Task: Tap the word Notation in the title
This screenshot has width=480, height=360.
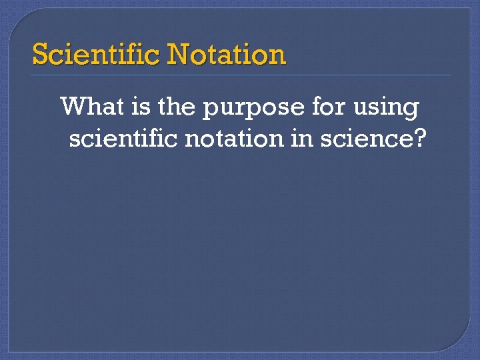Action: (x=227, y=54)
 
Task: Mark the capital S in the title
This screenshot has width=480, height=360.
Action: (x=40, y=54)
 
